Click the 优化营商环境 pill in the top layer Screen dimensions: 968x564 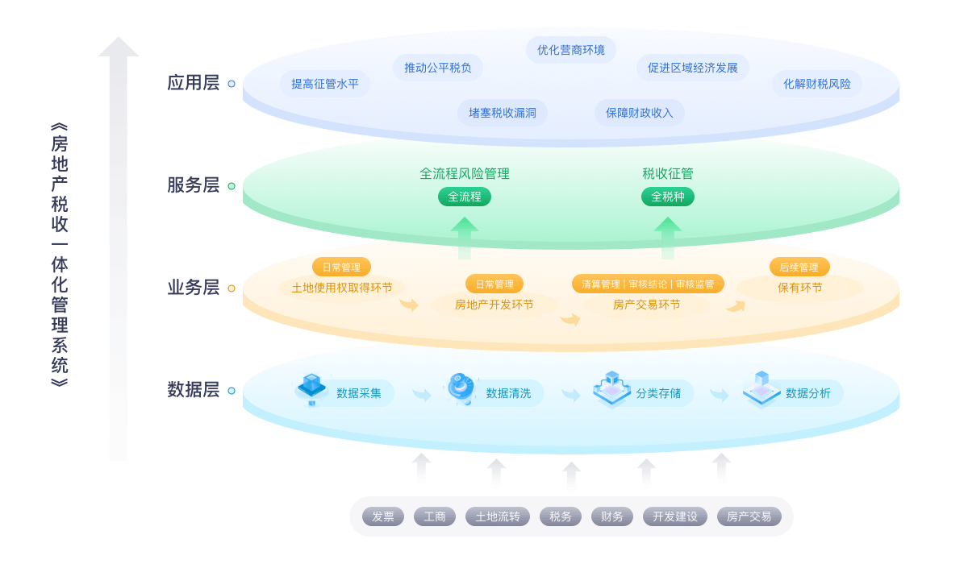(571, 50)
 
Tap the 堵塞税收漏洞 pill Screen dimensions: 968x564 (503, 113)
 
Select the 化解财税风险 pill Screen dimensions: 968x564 (817, 84)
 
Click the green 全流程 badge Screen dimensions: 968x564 (465, 197)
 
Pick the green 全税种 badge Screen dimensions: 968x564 (668, 197)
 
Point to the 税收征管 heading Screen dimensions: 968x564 (668, 173)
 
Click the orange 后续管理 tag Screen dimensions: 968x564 (799, 267)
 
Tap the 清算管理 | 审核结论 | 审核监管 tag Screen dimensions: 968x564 (648, 284)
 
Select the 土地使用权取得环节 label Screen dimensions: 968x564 (342, 288)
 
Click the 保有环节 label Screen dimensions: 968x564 (800, 288)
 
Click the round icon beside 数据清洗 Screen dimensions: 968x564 (461, 388)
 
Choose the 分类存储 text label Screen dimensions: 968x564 (658, 393)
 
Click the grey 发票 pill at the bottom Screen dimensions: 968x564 (383, 516)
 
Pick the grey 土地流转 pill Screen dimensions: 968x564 (498, 516)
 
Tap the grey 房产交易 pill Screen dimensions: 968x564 (749, 516)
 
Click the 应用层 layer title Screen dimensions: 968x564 (194, 83)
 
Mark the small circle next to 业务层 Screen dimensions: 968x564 (232, 288)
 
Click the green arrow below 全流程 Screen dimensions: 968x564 (465, 238)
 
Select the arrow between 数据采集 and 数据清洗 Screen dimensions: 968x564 (422, 395)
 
